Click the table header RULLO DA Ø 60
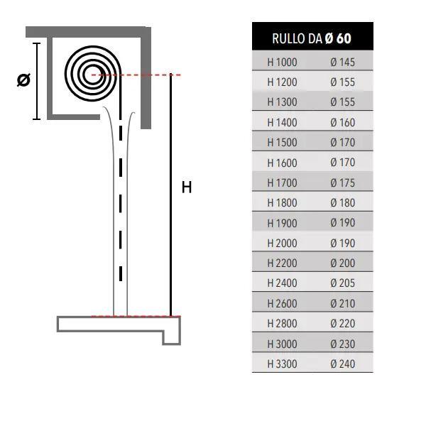click(x=312, y=38)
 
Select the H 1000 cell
click(x=282, y=62)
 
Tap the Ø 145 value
click(x=343, y=62)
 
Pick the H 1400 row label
click(x=282, y=123)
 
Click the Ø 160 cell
click(x=343, y=123)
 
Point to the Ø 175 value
click(x=343, y=183)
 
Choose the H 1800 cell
click(x=282, y=203)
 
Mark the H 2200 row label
click(x=282, y=263)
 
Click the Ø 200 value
click(x=343, y=263)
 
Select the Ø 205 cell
click(x=343, y=283)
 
